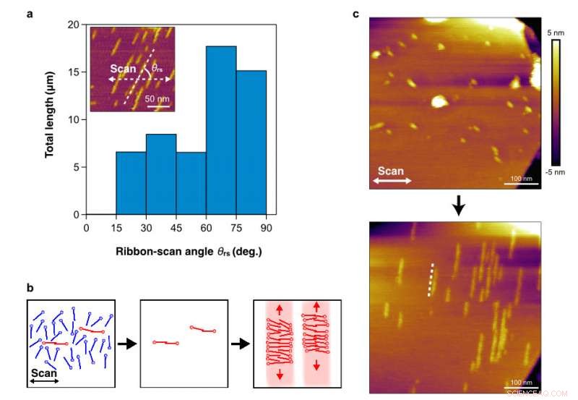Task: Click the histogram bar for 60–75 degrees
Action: click(x=221, y=130)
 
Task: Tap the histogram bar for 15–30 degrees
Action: click(x=131, y=183)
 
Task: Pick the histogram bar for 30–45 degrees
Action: click(x=161, y=174)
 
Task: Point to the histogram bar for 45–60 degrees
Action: click(x=191, y=183)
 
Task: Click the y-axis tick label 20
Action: click(x=73, y=25)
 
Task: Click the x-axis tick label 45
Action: click(x=176, y=227)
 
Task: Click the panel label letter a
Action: click(x=30, y=12)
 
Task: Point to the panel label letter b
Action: click(x=30, y=287)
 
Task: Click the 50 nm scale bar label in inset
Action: click(x=160, y=99)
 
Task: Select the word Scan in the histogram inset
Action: click(x=124, y=69)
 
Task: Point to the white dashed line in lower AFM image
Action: click(x=432, y=279)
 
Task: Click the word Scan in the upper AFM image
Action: click(x=391, y=171)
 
